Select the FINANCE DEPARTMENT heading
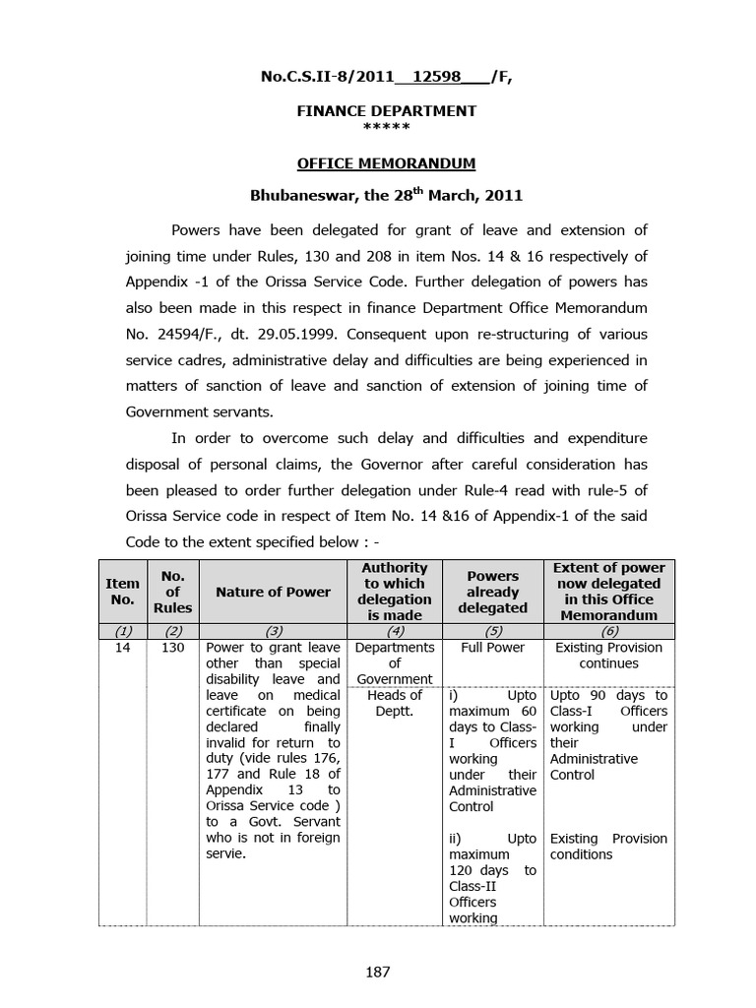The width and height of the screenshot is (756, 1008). tap(387, 111)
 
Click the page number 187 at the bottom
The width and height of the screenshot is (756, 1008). tap(378, 972)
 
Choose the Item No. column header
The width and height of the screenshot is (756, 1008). tap(122, 592)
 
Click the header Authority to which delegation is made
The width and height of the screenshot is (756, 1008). tap(394, 592)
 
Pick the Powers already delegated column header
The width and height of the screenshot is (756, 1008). tap(492, 592)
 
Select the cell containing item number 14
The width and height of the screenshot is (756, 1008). tap(122, 649)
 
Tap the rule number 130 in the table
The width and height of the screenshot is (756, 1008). tap(172, 649)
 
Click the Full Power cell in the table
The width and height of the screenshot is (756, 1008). tap(492, 649)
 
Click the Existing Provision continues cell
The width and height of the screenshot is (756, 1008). tap(609, 656)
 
